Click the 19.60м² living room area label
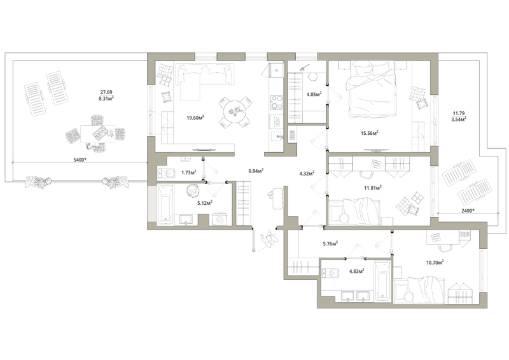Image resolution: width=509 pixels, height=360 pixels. pyautogui.click(x=195, y=117)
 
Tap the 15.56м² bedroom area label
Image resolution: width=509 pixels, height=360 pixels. pyautogui.click(x=370, y=132)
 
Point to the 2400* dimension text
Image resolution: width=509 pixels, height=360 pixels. pyautogui.click(x=468, y=211)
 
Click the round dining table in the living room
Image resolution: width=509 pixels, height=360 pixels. pyautogui.click(x=235, y=112)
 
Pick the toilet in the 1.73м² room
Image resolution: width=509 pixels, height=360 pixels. pyautogui.click(x=166, y=173)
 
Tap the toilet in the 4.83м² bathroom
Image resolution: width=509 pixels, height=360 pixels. pyautogui.click(x=330, y=273)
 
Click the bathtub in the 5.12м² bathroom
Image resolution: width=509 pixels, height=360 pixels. pyautogui.click(x=165, y=205)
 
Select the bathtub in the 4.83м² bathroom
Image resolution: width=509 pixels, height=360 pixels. pyautogui.click(x=383, y=281)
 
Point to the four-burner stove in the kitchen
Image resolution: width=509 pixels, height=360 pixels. pyautogui.click(x=277, y=102)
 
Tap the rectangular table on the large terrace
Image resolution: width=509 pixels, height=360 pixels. pyautogui.click(x=98, y=134)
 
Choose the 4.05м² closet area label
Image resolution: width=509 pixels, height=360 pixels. pyautogui.click(x=314, y=95)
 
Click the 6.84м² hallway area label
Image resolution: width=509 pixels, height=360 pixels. pyautogui.click(x=256, y=170)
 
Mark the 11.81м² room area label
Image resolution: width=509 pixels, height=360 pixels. pyautogui.click(x=373, y=187)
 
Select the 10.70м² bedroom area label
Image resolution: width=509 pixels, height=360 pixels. pyautogui.click(x=435, y=262)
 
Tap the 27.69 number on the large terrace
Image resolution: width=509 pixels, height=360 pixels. pyautogui.click(x=106, y=92)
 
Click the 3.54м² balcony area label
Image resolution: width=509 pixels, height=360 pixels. pyautogui.click(x=459, y=119)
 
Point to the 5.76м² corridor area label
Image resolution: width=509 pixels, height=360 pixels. pyautogui.click(x=330, y=243)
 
